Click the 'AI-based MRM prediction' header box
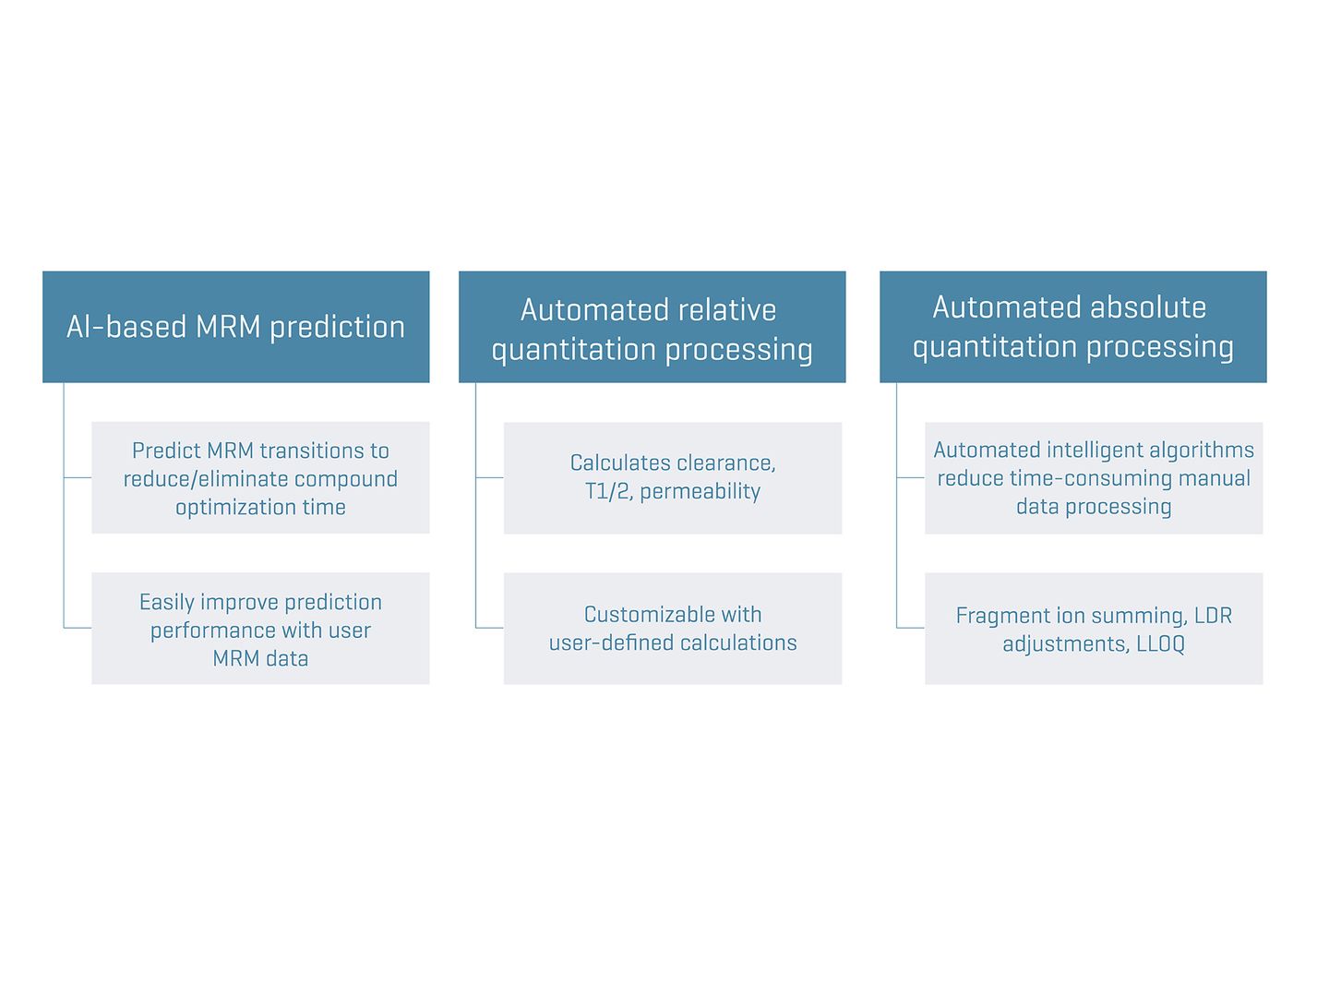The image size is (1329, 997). point(235,327)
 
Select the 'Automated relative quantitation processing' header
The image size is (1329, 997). point(652,327)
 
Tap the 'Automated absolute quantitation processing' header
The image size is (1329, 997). point(1072,327)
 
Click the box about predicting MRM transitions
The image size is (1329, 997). point(260,477)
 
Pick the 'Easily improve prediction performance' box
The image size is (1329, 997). point(260,629)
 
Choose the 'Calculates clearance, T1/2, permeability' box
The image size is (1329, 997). point(672,477)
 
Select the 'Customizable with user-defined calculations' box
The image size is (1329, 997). point(672,629)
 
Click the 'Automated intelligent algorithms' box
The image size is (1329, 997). point(1094,477)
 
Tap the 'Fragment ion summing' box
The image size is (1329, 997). point(1094,629)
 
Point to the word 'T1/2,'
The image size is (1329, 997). point(608,491)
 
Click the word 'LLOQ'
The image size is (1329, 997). point(1160,644)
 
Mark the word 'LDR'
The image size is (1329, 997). point(1213,616)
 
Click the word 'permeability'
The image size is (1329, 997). point(700,491)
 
